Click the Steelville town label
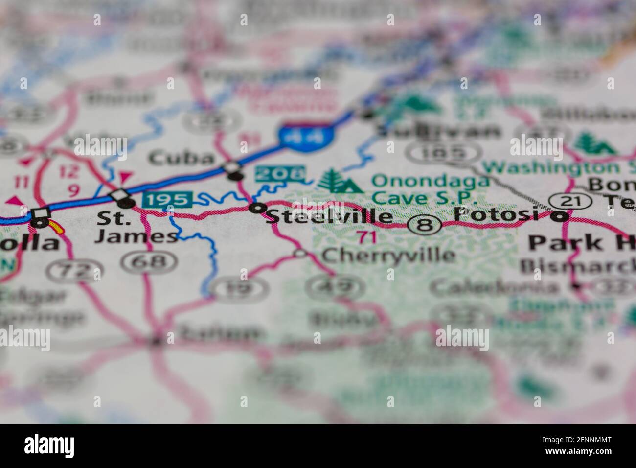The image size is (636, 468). coord(329,216)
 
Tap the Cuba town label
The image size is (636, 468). coord(182,158)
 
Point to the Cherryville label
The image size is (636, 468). coord(388,255)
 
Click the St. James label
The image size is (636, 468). coord(136,228)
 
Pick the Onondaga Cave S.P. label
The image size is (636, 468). coord(430,188)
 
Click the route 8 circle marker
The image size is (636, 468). coord(425,225)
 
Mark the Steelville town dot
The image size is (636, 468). coord(256,208)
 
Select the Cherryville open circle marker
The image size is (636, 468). coord(300,253)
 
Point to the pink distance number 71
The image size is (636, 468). coord(366,237)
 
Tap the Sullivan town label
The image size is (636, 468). coord(440,131)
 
